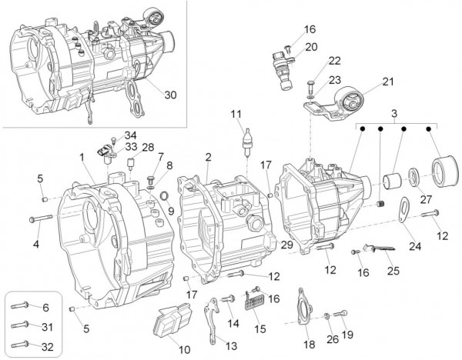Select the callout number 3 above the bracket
397,114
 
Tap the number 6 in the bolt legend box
45,307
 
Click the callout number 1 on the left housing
81,157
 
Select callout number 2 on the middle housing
208,157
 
